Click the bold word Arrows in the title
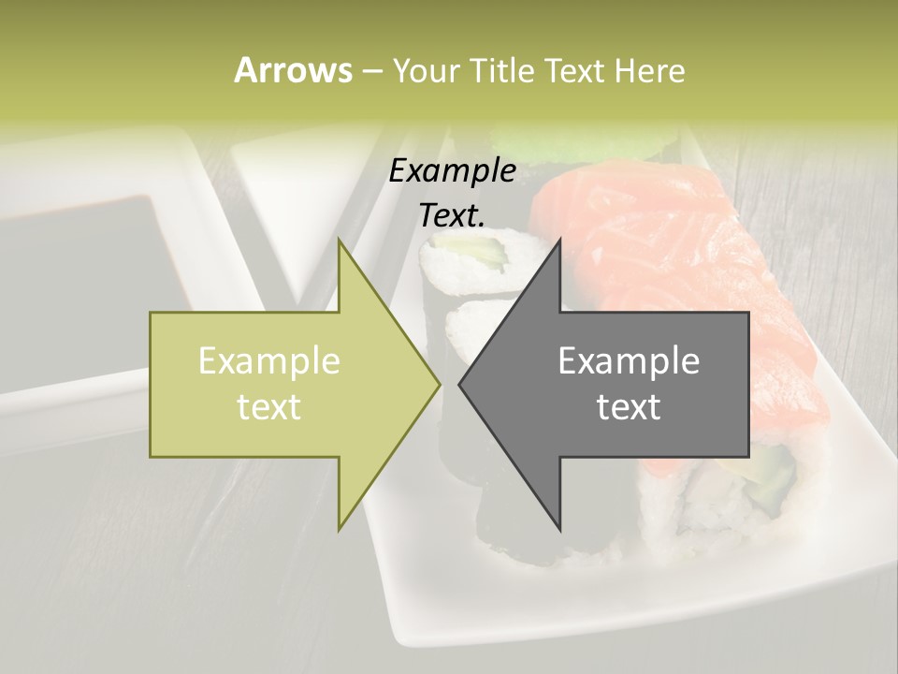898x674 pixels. (293, 70)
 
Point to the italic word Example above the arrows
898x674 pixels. (453, 170)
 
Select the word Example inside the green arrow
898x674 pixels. (269, 360)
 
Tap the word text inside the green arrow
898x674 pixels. (269, 406)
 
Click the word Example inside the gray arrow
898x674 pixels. (629, 360)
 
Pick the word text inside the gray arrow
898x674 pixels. (629, 406)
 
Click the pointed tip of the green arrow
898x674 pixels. (438, 385)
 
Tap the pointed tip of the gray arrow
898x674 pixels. (461, 385)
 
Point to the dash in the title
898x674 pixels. (371, 71)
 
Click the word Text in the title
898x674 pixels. (573, 70)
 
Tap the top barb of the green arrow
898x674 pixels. (340, 245)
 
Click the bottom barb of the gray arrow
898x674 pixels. (558, 524)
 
